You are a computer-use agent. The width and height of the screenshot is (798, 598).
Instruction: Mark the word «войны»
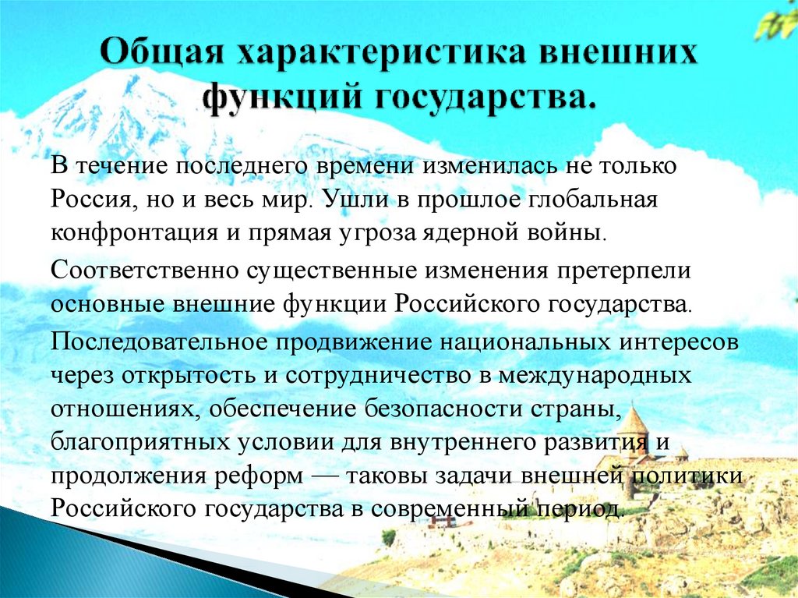coord(570,232)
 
